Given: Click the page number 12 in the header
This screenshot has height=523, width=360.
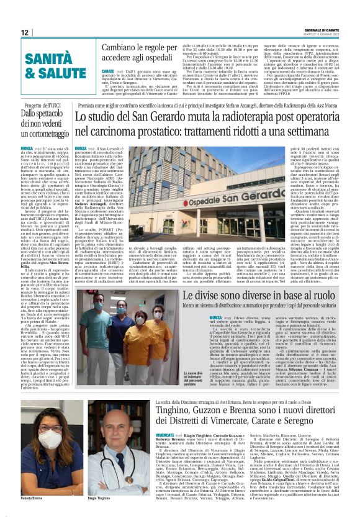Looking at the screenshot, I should coord(25,32).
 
